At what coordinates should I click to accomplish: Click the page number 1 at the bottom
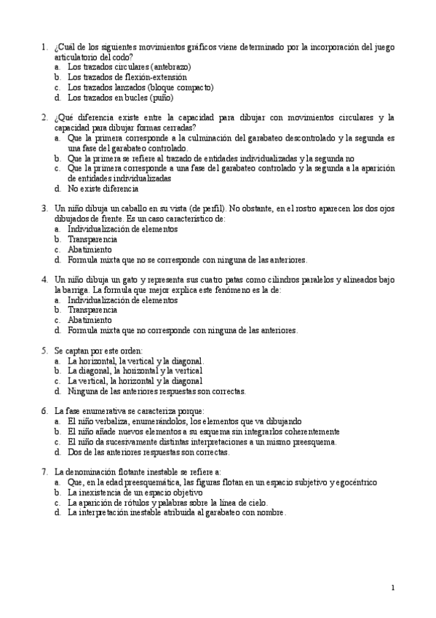(x=392, y=587)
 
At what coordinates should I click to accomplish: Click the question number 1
(x=44, y=47)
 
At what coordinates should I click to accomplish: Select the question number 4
(x=44, y=279)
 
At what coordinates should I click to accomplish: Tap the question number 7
(x=44, y=472)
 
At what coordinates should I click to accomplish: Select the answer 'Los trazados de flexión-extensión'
(x=127, y=77)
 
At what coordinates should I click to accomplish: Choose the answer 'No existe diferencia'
(x=103, y=188)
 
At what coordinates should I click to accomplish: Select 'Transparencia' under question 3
(x=92, y=239)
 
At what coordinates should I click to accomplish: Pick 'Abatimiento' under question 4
(x=90, y=320)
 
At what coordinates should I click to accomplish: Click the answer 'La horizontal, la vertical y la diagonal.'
(x=135, y=361)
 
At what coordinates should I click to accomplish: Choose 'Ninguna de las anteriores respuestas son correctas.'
(x=156, y=391)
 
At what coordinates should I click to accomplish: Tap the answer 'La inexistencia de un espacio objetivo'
(x=135, y=493)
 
